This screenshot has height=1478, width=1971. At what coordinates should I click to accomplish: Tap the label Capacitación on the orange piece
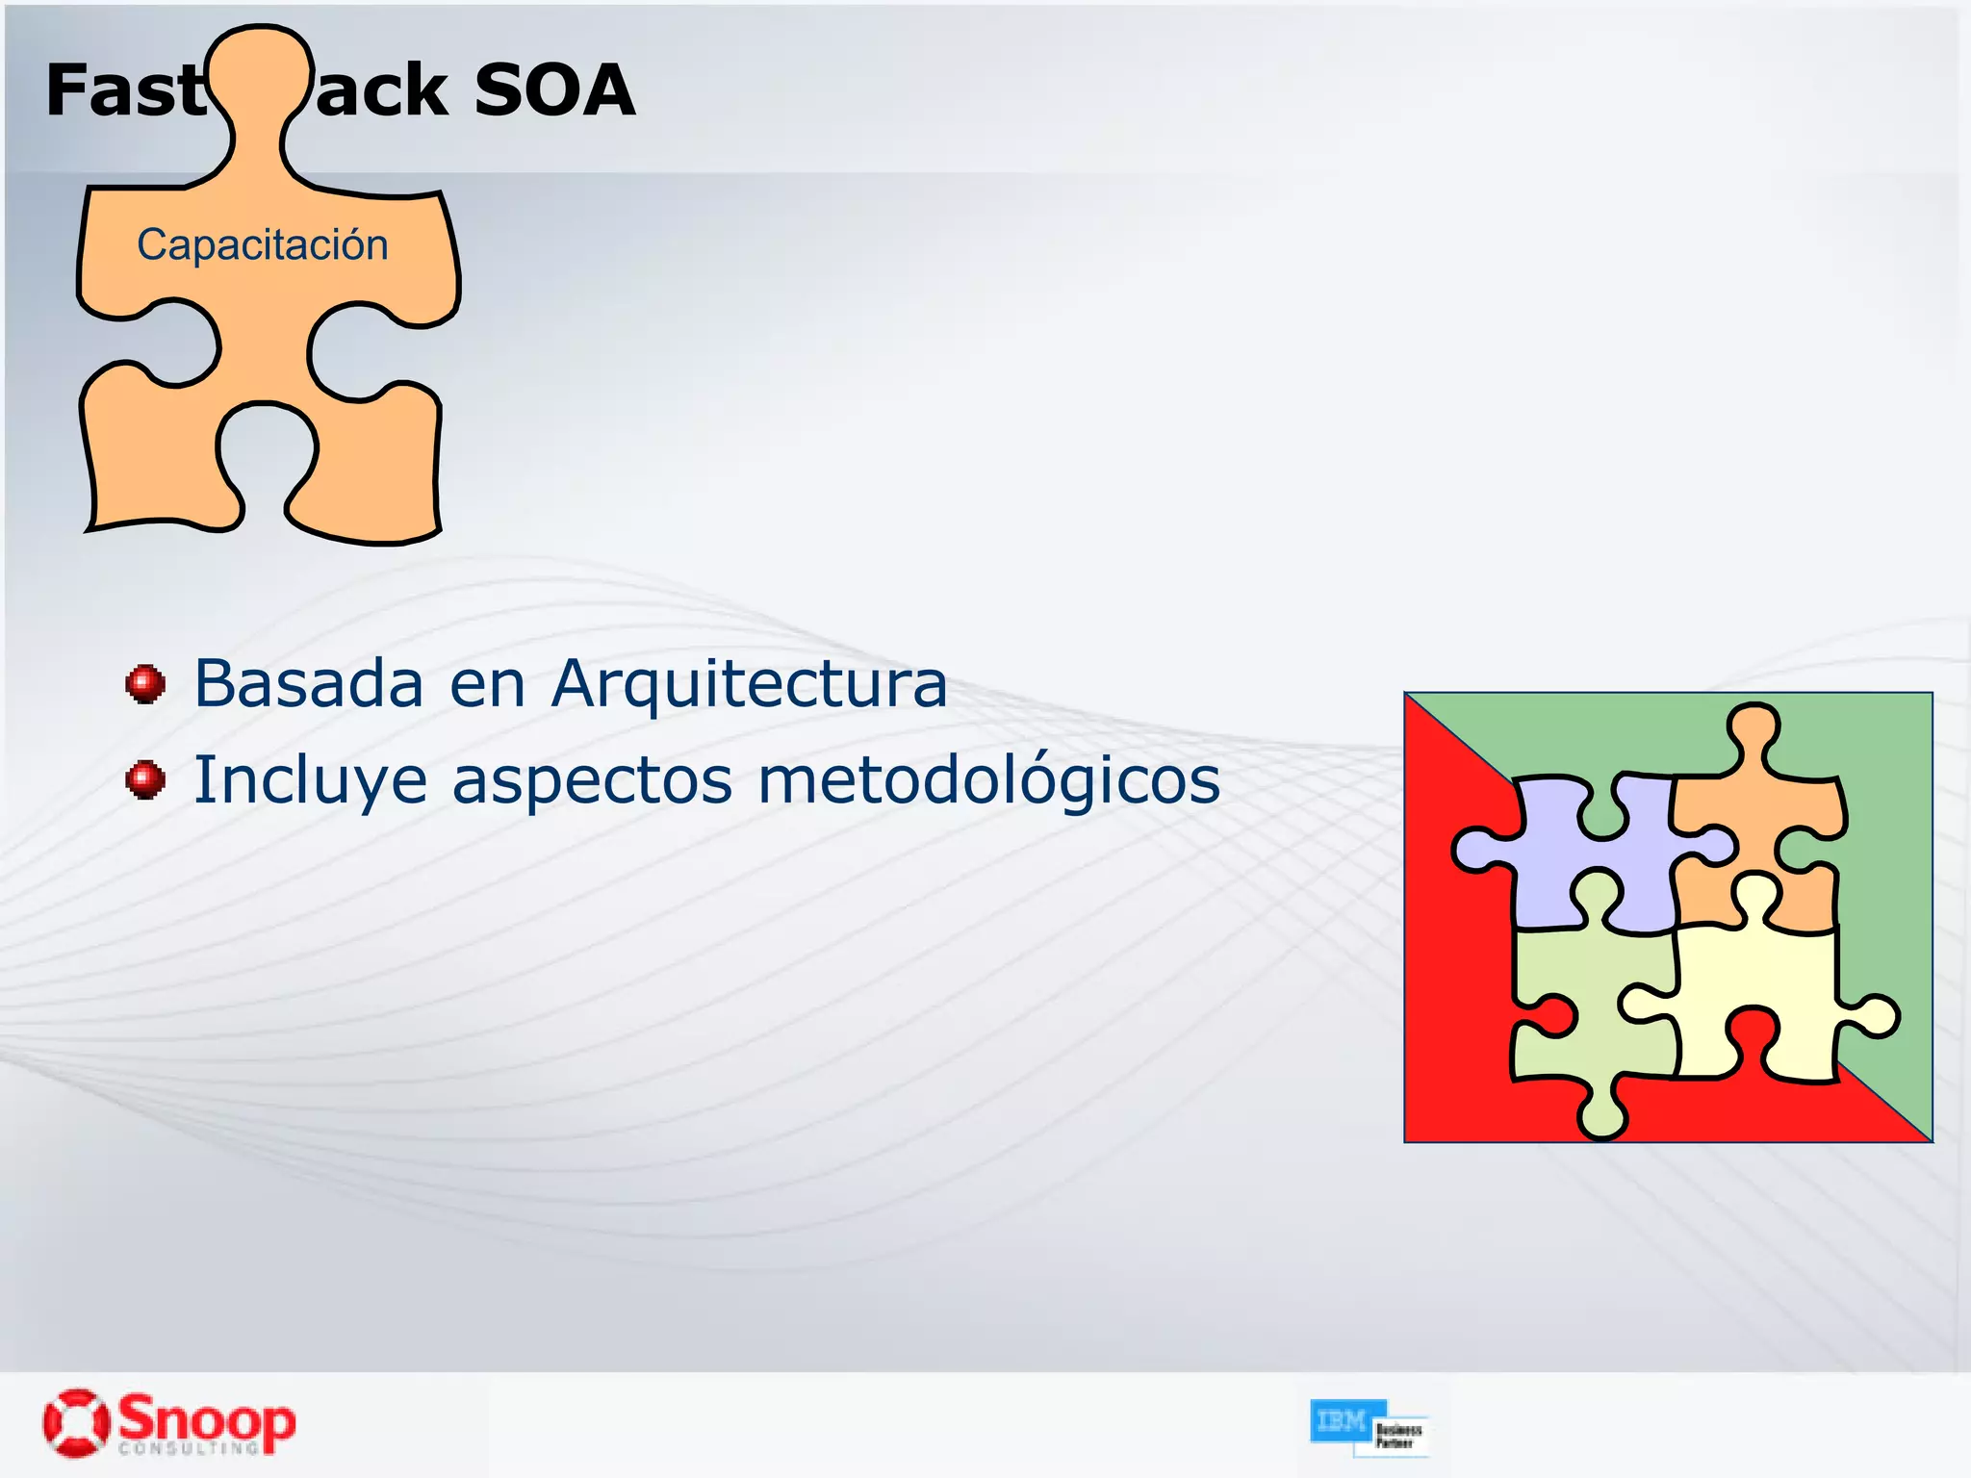click(x=263, y=244)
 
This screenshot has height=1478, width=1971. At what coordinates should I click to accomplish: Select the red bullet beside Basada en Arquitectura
click(x=145, y=684)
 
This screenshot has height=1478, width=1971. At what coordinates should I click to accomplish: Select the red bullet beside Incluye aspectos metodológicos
click(x=145, y=779)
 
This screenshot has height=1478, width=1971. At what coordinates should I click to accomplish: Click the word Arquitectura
click(x=749, y=683)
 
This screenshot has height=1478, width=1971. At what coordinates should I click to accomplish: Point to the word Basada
click(x=308, y=683)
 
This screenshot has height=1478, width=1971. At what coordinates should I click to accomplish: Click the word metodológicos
click(x=988, y=779)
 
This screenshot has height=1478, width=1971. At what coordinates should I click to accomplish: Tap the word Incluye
click(x=310, y=779)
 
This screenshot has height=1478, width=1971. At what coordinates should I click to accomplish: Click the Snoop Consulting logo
click(x=169, y=1422)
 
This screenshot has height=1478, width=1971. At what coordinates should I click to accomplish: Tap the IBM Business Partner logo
click(x=1369, y=1427)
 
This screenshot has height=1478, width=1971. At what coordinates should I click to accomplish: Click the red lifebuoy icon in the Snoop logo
click(x=75, y=1421)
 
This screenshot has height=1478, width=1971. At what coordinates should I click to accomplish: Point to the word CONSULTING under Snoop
click(x=189, y=1448)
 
